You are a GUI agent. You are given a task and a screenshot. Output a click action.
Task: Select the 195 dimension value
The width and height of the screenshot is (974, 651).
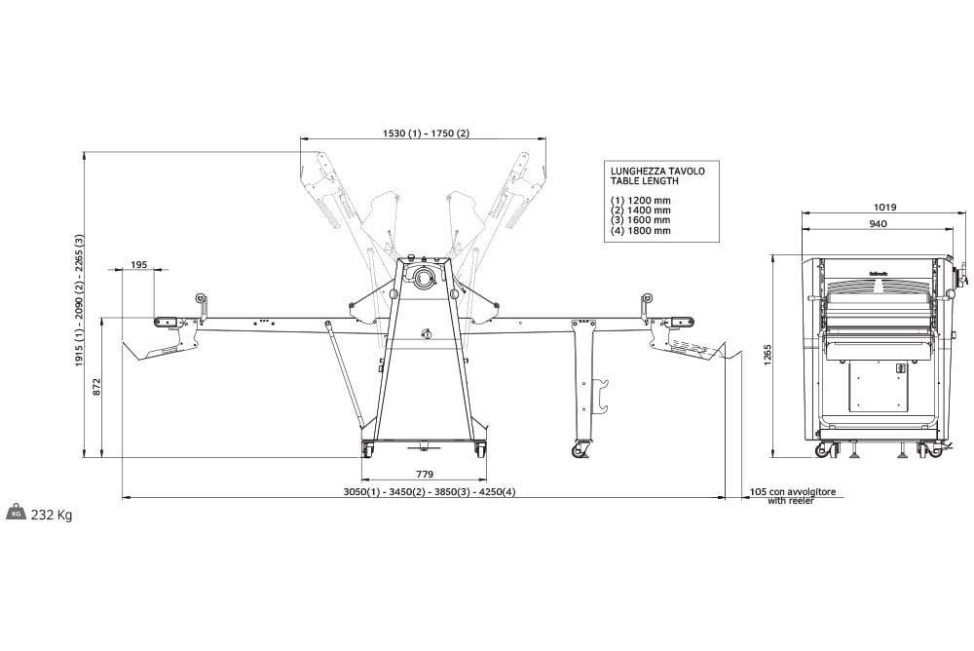[x=137, y=265]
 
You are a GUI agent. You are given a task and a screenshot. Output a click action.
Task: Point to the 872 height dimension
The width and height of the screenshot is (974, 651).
[x=95, y=387]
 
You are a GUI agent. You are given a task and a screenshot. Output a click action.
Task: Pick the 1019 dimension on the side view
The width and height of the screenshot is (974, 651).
[x=884, y=207]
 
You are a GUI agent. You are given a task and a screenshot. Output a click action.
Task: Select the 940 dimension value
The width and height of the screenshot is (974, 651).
[x=877, y=224]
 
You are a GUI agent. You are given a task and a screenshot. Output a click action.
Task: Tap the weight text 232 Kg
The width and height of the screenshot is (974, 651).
[x=52, y=515]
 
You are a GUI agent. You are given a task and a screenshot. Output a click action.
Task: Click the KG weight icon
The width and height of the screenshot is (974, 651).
[x=17, y=514]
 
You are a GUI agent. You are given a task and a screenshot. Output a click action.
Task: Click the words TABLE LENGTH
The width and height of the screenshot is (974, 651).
[x=644, y=181]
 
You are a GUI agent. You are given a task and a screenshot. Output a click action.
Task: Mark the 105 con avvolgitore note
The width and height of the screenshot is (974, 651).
[x=793, y=492]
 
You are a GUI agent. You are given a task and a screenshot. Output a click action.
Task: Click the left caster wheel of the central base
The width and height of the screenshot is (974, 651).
[x=369, y=449]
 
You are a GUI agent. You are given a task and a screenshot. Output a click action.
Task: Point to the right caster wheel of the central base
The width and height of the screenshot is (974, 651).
[x=479, y=449]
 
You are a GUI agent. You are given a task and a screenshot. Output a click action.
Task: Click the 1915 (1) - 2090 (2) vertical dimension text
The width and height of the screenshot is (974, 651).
[x=79, y=301]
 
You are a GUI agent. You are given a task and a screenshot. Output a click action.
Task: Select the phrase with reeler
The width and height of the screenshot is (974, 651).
[x=789, y=501]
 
